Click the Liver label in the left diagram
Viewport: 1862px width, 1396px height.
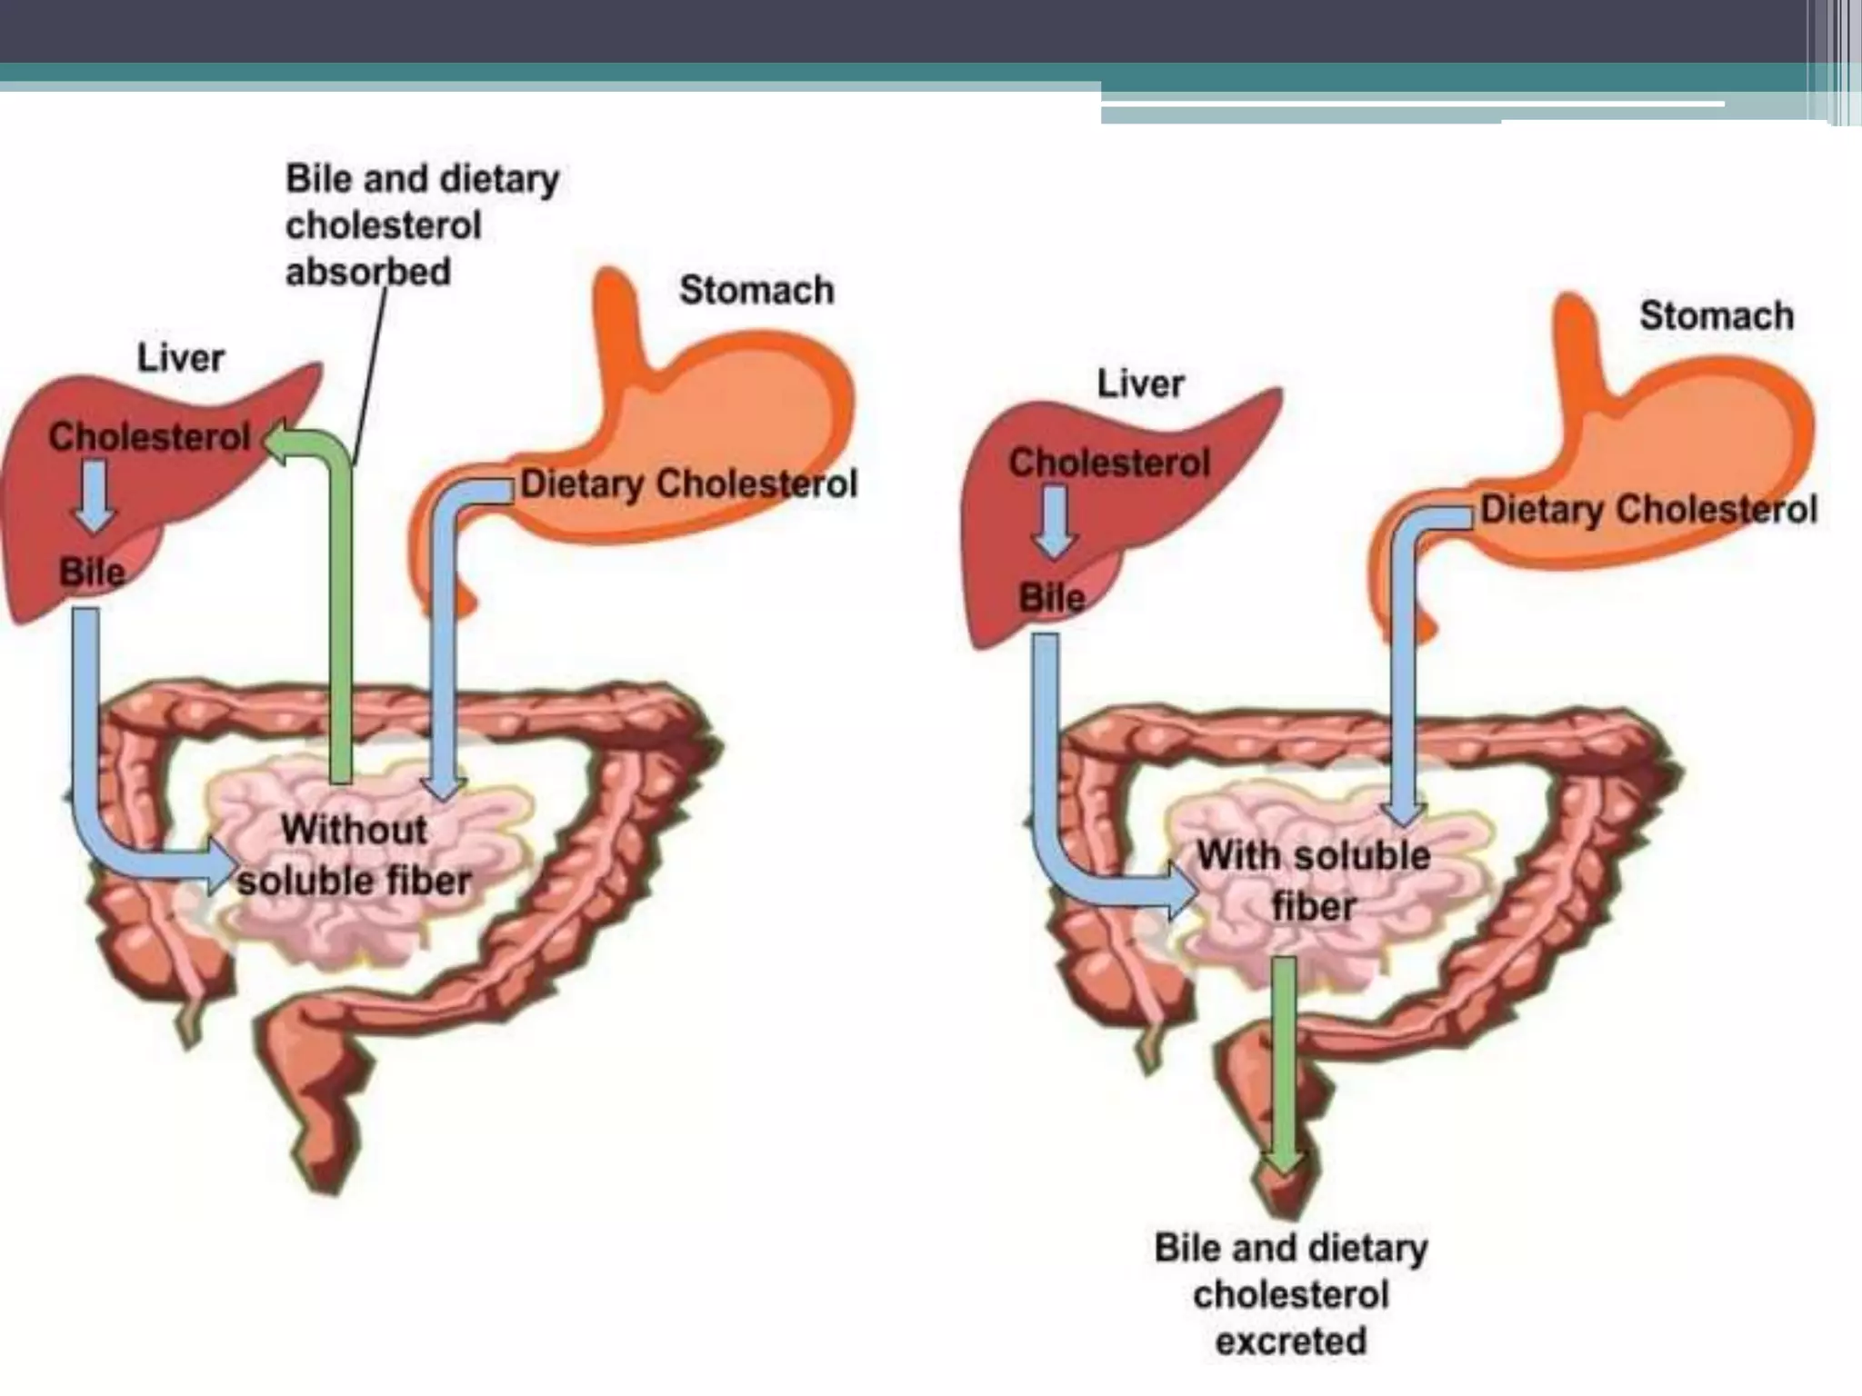click(x=180, y=358)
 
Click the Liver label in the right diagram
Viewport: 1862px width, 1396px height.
click(x=1140, y=384)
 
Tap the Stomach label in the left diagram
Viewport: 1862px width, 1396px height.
click(x=756, y=291)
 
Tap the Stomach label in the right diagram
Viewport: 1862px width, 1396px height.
click(x=1717, y=316)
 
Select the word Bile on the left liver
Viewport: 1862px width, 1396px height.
click(x=91, y=573)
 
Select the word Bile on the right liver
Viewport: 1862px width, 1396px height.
click(x=1052, y=598)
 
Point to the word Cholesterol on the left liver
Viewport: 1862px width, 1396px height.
click(x=149, y=437)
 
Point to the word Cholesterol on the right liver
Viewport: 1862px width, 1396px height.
click(x=1109, y=463)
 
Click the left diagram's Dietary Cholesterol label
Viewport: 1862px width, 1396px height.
click(x=688, y=484)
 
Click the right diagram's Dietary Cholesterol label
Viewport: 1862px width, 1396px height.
click(x=1648, y=509)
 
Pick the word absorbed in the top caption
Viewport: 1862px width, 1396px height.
click(x=368, y=272)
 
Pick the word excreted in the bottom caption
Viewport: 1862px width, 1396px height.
click(x=1291, y=1341)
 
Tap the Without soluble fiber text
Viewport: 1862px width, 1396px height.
click(x=355, y=855)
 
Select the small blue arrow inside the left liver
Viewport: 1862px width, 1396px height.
click(x=94, y=496)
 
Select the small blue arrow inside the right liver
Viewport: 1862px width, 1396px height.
click(x=1055, y=522)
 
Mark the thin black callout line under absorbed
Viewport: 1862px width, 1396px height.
click(x=370, y=373)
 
